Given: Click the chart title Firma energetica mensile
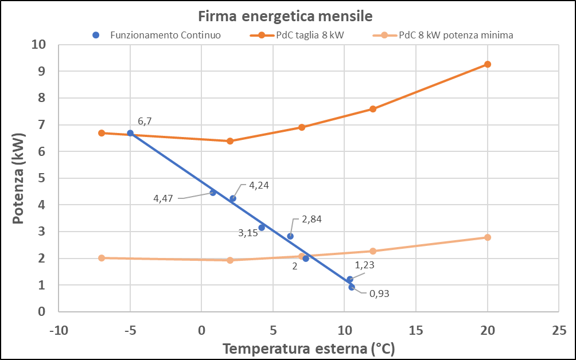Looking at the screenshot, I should point(288,15).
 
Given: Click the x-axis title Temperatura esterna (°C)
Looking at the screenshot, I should point(309,349).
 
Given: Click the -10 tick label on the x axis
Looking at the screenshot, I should point(58,331).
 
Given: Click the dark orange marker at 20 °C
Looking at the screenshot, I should point(488,64).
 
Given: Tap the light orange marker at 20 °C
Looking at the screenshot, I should point(488,237).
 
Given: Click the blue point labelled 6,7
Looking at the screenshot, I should point(130,133).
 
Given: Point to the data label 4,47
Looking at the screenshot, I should point(164,199).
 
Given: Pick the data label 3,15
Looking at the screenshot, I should point(248,233).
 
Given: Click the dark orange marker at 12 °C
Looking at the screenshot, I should point(373,109).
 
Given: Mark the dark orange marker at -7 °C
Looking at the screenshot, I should point(102,133).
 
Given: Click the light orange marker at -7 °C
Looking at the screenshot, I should point(102,258).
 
